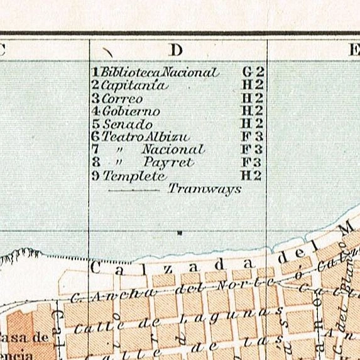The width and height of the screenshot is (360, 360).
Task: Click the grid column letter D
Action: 176,49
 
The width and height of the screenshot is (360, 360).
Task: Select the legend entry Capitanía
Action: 133,85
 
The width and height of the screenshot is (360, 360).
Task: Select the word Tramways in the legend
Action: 205,188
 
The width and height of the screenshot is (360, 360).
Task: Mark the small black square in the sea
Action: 180,233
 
